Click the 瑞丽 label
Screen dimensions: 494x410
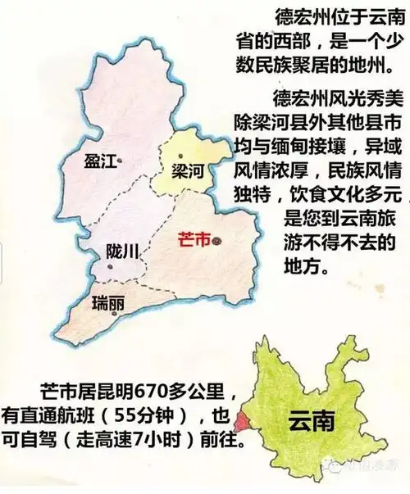coord(109,301)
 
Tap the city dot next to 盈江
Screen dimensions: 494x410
coord(120,161)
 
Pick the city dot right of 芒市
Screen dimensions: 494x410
coord(216,242)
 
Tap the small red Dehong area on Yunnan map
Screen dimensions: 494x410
coord(240,420)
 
